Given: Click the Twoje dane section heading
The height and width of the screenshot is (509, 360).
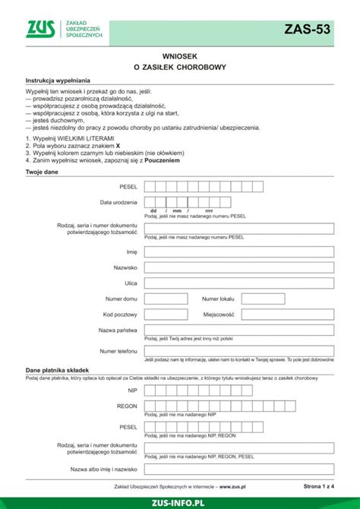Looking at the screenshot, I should coord(43,172).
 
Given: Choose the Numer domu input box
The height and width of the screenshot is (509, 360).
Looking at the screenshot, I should coord(168,299).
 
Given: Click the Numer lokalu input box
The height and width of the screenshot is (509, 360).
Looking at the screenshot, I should coord(270,299).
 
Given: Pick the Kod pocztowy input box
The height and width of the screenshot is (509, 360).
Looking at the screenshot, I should coord(168,314).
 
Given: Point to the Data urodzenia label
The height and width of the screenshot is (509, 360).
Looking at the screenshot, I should coord(118,203).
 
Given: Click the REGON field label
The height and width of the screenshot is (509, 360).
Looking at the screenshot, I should coord(127,406).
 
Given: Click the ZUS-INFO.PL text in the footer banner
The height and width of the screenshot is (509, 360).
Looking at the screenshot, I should coord(179,501).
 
